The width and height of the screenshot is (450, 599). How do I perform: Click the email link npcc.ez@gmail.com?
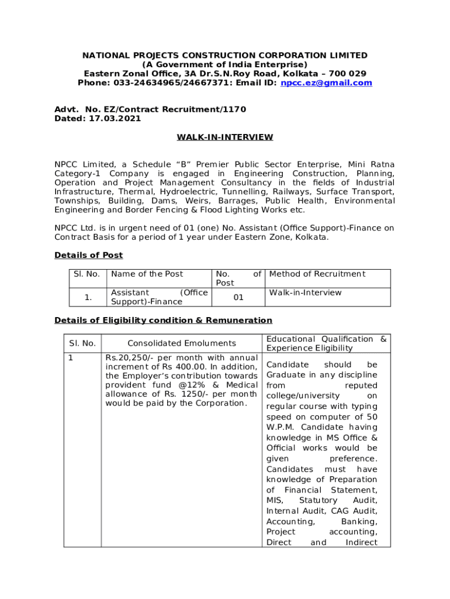click(326, 83)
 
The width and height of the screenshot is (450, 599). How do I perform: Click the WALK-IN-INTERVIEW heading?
click(225, 137)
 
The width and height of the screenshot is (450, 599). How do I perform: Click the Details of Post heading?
click(88, 255)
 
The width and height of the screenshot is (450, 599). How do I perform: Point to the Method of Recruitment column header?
click(317, 274)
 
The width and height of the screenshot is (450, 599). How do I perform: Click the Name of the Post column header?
click(147, 274)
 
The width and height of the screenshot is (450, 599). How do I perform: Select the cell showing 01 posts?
click(238, 297)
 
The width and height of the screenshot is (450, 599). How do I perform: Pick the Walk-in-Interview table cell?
click(305, 292)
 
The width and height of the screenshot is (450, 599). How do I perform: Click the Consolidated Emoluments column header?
click(182, 343)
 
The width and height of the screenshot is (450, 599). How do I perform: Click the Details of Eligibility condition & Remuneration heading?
click(163, 320)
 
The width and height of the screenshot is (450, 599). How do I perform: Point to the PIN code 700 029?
click(349, 74)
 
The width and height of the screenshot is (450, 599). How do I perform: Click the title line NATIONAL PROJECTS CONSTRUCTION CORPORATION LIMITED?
click(225, 56)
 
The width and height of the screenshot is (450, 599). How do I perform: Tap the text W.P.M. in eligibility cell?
click(281, 428)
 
